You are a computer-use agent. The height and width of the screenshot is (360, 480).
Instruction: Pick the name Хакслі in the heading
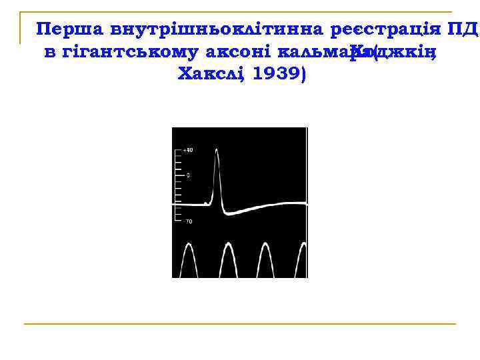(211, 74)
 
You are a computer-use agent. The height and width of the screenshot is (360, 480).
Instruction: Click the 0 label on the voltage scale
(187, 175)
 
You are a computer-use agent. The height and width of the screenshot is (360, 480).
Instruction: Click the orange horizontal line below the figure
(240, 324)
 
